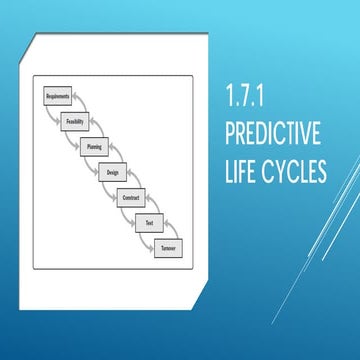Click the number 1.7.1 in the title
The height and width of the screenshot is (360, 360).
pyautogui.click(x=251, y=102)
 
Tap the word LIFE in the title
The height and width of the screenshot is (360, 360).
pyautogui.click(x=246, y=172)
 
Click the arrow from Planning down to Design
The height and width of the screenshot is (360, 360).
pyautogui.click(x=117, y=150)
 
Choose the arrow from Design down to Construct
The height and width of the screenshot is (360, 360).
pyautogui.click(x=136, y=175)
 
